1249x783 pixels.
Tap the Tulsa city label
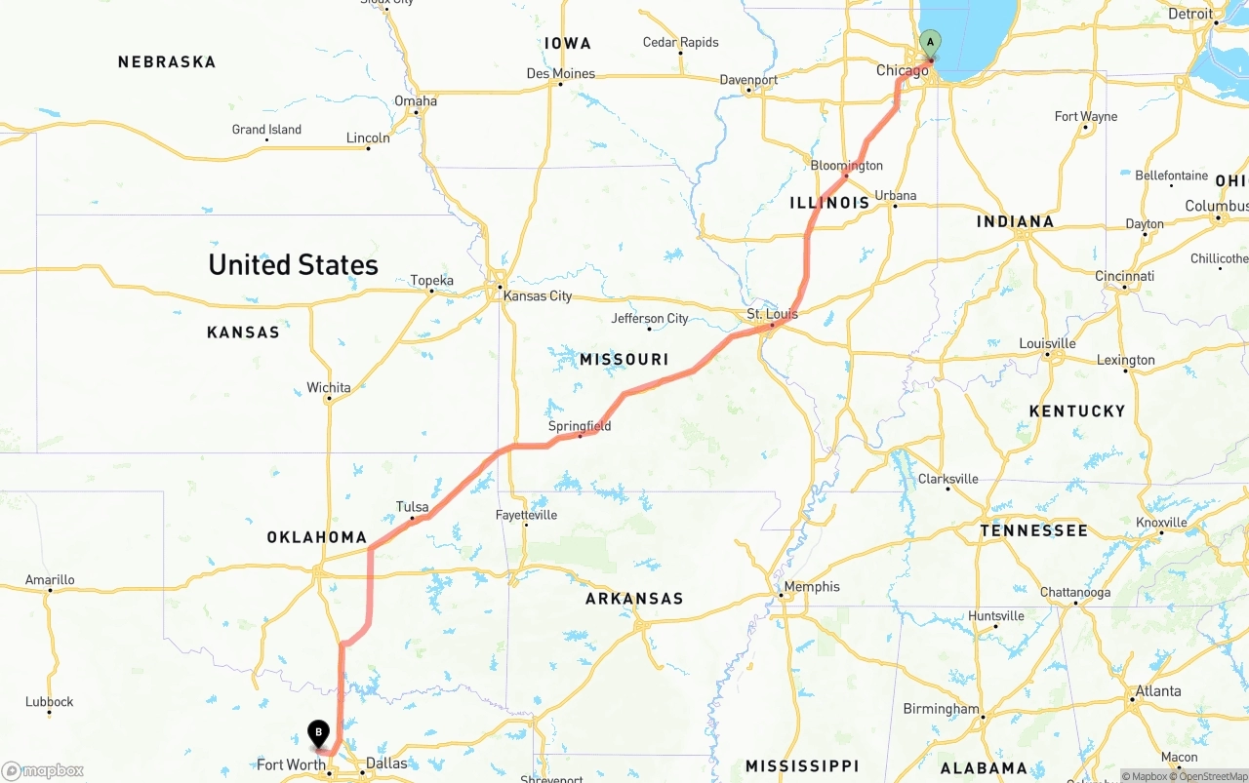(x=413, y=507)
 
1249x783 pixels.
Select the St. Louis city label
(x=772, y=314)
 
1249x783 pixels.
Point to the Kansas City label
(x=538, y=295)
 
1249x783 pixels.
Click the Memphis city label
(x=812, y=586)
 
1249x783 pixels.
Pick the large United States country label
(x=293, y=264)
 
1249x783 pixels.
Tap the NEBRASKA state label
(x=167, y=62)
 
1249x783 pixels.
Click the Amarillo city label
(x=50, y=579)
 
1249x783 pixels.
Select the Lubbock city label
(x=50, y=701)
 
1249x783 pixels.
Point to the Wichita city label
(x=329, y=387)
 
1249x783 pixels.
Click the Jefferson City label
(x=650, y=318)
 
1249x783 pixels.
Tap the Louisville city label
(x=1047, y=343)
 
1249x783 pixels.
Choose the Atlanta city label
(x=1158, y=690)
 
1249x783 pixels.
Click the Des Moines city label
(x=560, y=73)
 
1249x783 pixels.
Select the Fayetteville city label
(x=526, y=514)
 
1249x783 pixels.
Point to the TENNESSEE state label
(x=1033, y=530)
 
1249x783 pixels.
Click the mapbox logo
(x=43, y=770)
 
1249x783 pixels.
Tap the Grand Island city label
(x=266, y=130)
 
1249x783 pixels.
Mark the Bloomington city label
(x=846, y=165)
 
